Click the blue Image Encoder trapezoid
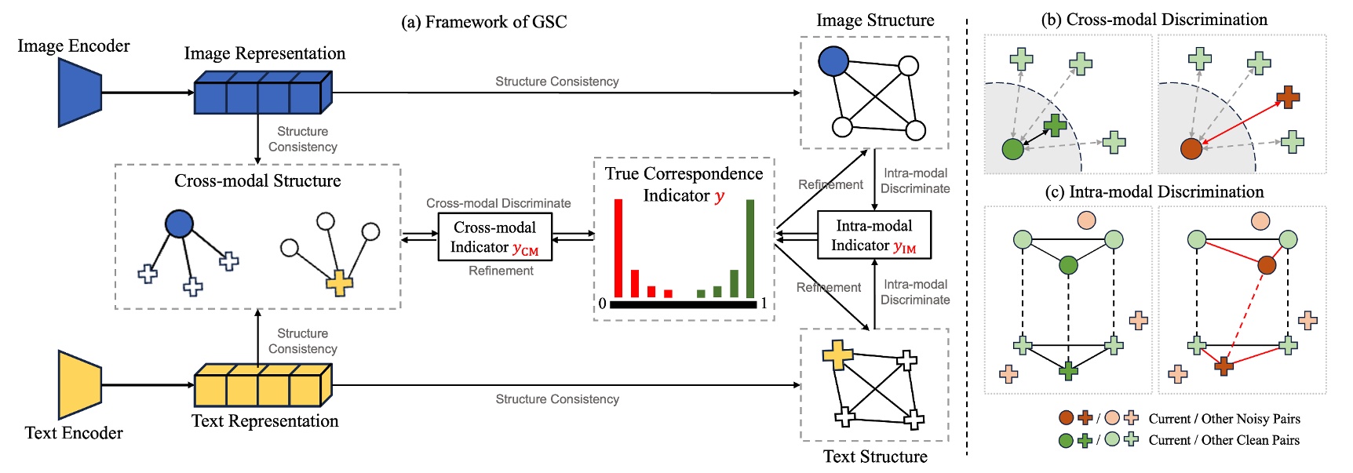click(x=79, y=93)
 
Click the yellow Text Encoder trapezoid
click(x=79, y=385)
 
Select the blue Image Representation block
click(x=262, y=93)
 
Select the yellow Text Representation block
click(x=262, y=385)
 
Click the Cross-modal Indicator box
click(x=494, y=237)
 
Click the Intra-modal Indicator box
click(x=873, y=235)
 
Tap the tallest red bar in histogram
click(x=618, y=248)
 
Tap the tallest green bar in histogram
click(x=750, y=248)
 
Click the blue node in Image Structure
click(x=833, y=61)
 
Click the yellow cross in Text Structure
click(x=837, y=355)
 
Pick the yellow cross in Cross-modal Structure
click(x=339, y=282)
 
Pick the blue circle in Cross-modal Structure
click(x=180, y=224)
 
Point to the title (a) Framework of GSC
click(x=483, y=22)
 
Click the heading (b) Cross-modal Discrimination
click(x=1154, y=20)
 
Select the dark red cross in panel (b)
click(x=1287, y=97)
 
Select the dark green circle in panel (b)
click(x=1013, y=148)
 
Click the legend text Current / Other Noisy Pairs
click(x=1224, y=419)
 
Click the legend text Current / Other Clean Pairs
click(x=1224, y=440)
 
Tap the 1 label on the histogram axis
click(x=764, y=304)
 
